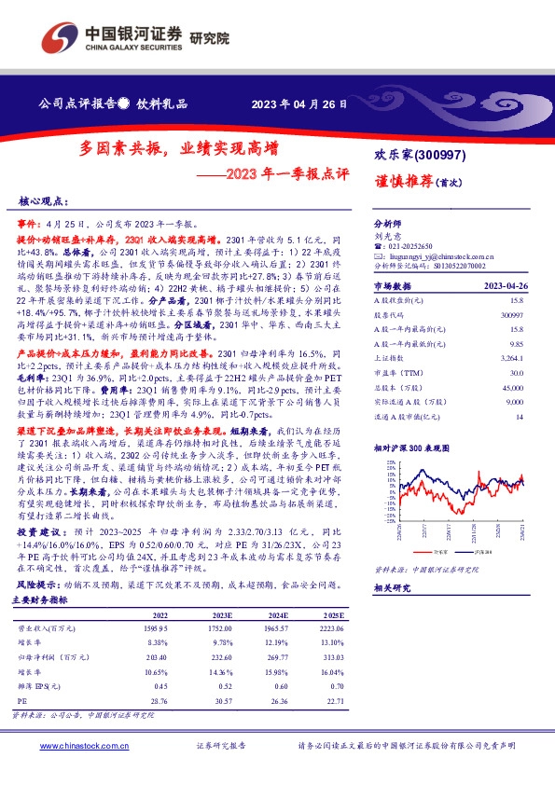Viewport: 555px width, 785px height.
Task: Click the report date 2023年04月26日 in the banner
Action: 299,103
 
